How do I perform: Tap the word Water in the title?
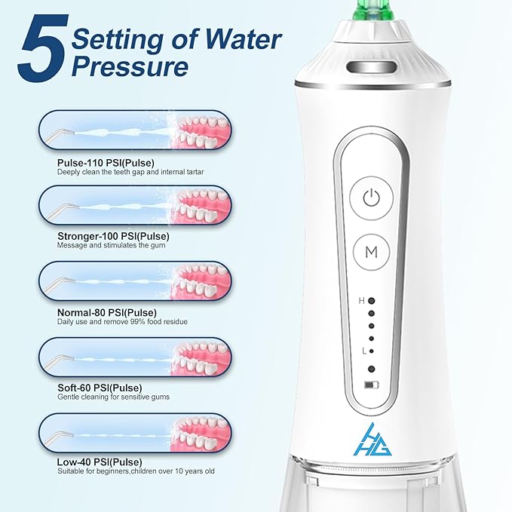coord(243,39)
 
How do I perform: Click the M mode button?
coord(371,252)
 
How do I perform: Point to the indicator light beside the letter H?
coord(371,301)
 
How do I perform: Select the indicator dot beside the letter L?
coord(371,351)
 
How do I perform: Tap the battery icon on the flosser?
coord(372,385)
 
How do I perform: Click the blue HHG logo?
coord(373,440)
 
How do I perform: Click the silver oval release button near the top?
coord(372,67)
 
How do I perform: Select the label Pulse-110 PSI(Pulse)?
coord(106,163)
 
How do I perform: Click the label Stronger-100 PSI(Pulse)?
coord(113,236)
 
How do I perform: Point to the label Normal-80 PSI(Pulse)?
coord(107,312)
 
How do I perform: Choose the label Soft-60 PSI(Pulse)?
coord(100,388)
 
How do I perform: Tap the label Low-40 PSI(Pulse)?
coord(100,462)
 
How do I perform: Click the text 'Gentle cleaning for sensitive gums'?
coord(113,397)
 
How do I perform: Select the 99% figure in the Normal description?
coord(137,322)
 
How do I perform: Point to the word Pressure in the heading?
coord(130,66)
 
